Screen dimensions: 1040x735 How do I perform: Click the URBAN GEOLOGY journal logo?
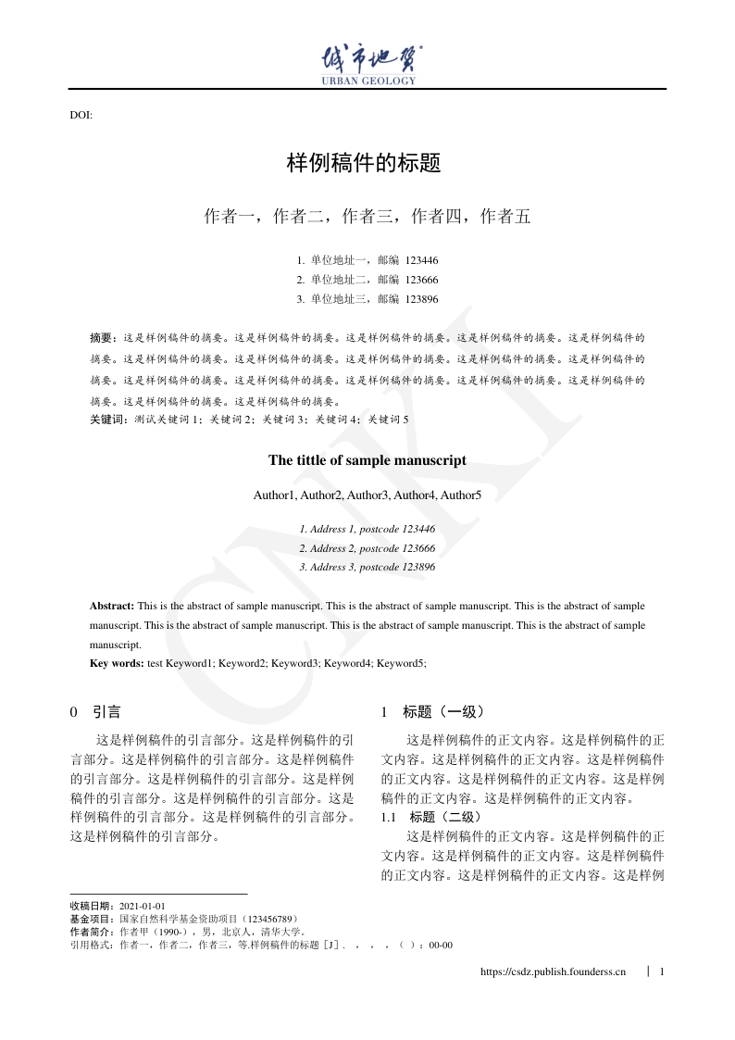[367, 64]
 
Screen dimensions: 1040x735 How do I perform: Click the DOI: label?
[81, 115]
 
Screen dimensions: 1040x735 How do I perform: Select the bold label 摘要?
[103, 338]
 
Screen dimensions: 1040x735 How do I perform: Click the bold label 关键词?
[107, 420]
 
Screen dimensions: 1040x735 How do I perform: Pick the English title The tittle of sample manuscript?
[367, 460]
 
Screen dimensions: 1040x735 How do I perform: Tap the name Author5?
[461, 495]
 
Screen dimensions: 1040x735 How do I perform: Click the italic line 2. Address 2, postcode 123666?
[367, 548]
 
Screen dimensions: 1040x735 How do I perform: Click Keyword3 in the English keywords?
[295, 663]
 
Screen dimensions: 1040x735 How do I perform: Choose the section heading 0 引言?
[95, 712]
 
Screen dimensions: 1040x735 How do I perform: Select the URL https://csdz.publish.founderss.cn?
[554, 971]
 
